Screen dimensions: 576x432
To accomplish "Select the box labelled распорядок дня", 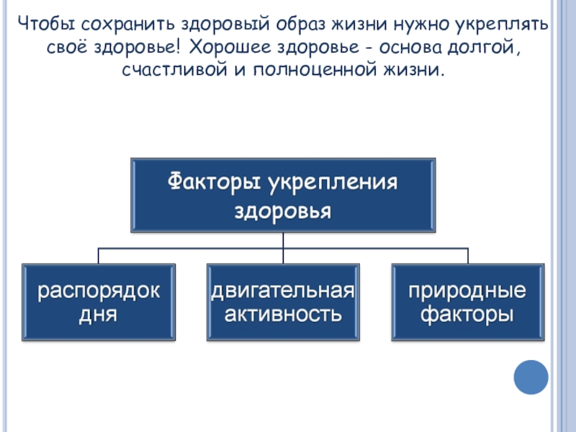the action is click(99, 302).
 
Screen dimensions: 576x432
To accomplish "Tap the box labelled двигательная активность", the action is click(283, 302).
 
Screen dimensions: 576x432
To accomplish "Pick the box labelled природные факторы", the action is click(467, 302).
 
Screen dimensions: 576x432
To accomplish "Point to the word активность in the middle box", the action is click(283, 315).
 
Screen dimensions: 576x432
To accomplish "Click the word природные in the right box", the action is click(467, 291).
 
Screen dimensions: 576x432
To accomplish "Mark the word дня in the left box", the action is click(99, 315).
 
